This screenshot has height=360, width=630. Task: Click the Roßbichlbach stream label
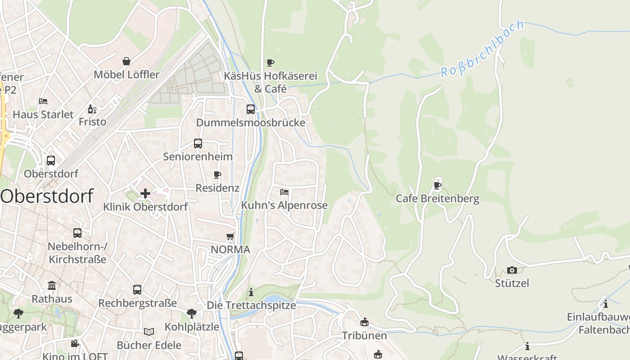483,49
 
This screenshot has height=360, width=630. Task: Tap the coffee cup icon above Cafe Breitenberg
437,185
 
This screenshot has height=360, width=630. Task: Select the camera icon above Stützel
512,270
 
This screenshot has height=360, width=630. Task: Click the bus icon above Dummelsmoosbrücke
250,109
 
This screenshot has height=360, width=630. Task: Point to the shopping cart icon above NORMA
230,236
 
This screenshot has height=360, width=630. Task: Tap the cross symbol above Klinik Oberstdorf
145,193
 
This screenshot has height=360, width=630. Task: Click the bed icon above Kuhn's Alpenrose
284,192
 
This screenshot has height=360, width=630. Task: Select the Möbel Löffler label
126,75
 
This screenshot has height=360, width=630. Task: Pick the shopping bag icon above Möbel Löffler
126,61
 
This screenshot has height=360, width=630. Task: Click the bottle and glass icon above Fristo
92,109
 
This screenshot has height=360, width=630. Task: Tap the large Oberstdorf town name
47,196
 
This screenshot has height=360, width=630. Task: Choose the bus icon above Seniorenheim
198,144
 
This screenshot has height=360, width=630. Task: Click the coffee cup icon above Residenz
217,175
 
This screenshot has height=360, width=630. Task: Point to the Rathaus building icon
52,286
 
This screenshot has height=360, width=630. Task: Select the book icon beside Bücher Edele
148,332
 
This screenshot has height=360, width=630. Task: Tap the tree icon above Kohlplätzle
191,313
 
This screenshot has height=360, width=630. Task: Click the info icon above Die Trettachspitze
251,292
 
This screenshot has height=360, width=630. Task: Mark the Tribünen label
364,336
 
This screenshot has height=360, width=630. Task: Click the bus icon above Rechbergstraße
137,290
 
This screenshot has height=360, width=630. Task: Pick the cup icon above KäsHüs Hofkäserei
270,63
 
